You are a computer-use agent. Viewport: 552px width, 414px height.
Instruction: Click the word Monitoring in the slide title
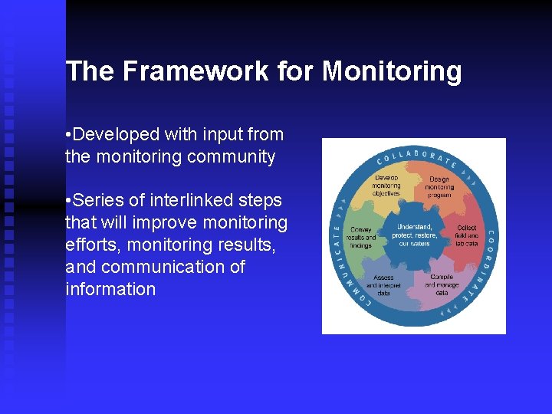tap(392, 71)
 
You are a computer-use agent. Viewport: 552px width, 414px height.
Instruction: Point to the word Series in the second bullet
tap(100, 201)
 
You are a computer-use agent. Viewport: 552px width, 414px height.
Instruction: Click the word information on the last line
tap(110, 289)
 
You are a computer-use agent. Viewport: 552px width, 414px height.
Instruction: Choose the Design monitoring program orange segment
tap(439, 187)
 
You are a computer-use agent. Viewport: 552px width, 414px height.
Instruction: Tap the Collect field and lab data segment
tap(466, 235)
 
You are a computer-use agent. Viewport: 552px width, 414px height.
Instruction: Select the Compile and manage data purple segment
tap(442, 284)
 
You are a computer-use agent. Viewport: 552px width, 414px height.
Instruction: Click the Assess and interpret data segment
tap(383, 284)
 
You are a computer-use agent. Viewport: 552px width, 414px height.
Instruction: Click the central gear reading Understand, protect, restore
tap(414, 235)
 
